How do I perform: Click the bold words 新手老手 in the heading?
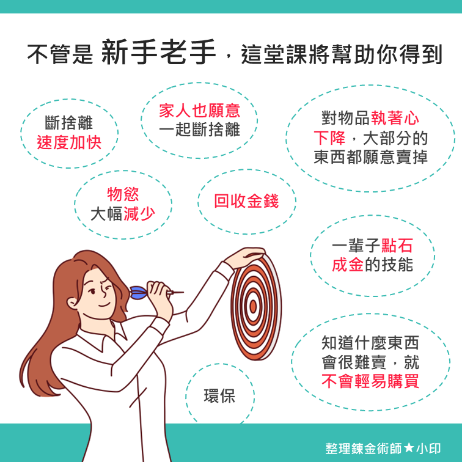[x=158, y=53]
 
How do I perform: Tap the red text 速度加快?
[x=69, y=143]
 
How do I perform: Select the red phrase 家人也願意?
[x=200, y=111]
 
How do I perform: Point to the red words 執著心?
[x=395, y=118]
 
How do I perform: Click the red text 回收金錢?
[x=246, y=201]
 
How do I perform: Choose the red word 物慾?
[x=123, y=194]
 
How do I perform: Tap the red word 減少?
[x=139, y=214]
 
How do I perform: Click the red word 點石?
[x=397, y=246]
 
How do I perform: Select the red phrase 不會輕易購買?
[x=370, y=381]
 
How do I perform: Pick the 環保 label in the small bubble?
[x=219, y=396]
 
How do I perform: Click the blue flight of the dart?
[x=138, y=293]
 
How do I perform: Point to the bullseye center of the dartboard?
[x=253, y=306]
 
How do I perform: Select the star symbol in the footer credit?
[x=409, y=449]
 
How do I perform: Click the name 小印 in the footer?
[x=428, y=449]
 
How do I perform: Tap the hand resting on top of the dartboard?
[x=245, y=256]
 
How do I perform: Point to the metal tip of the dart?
[x=176, y=293]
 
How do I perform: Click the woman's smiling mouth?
[x=104, y=306]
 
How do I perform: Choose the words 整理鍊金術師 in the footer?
[x=364, y=449]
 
